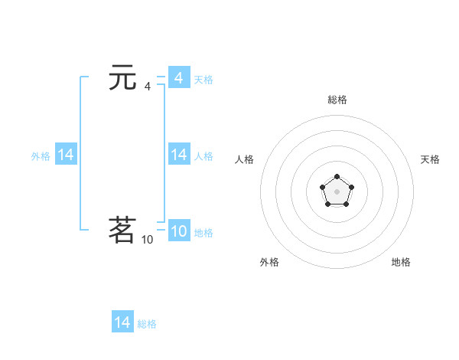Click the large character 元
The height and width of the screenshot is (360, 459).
(x=122, y=78)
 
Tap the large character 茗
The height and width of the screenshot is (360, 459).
(x=122, y=230)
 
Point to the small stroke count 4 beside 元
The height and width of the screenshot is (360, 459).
(x=148, y=87)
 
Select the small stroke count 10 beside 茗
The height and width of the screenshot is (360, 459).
(x=147, y=240)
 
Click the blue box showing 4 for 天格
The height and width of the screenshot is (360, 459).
(x=178, y=78)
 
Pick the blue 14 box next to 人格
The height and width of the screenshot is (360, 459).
(x=178, y=155)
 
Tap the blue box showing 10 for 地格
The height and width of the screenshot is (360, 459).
(x=178, y=231)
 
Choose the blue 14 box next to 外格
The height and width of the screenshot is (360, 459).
(x=66, y=155)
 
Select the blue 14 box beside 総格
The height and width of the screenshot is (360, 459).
(x=122, y=322)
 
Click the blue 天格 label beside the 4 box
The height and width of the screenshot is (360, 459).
(x=203, y=80)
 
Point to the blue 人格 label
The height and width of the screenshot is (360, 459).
(x=203, y=156)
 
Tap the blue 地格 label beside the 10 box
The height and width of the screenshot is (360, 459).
(x=203, y=233)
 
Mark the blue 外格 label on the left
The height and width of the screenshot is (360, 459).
(x=41, y=156)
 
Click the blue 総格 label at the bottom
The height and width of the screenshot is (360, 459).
(x=147, y=324)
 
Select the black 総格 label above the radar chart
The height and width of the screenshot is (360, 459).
(x=337, y=100)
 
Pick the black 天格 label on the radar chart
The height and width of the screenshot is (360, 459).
(x=430, y=159)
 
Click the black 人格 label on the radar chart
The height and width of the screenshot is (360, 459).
(x=245, y=159)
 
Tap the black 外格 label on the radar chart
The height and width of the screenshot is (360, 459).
(x=269, y=262)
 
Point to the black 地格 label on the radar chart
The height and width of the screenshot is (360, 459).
(x=401, y=262)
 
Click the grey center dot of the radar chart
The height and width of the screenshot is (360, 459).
(x=337, y=191)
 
